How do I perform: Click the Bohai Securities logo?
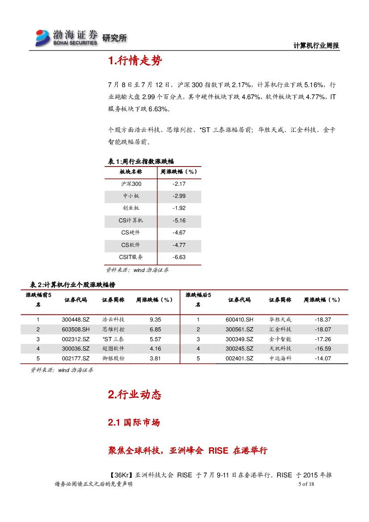coord(67,38)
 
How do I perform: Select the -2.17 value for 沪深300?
coord(178,184)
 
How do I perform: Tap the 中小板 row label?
coord(131,196)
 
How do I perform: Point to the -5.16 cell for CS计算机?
coord(178,221)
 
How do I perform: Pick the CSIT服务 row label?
coord(131,257)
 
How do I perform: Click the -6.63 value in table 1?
coord(178,257)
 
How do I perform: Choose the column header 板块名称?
coord(131,171)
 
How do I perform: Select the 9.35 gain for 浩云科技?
coord(155,320)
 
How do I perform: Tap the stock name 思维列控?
coord(113,330)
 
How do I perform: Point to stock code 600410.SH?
coord(239,320)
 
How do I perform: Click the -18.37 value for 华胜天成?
coord(323,320)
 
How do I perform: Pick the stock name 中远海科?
coord(280,359)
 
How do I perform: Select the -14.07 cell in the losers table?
coord(323,359)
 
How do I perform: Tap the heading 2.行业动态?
coord(134,395)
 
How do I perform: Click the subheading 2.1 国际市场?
coord(134,423)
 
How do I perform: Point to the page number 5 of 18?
coord(306,485)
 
